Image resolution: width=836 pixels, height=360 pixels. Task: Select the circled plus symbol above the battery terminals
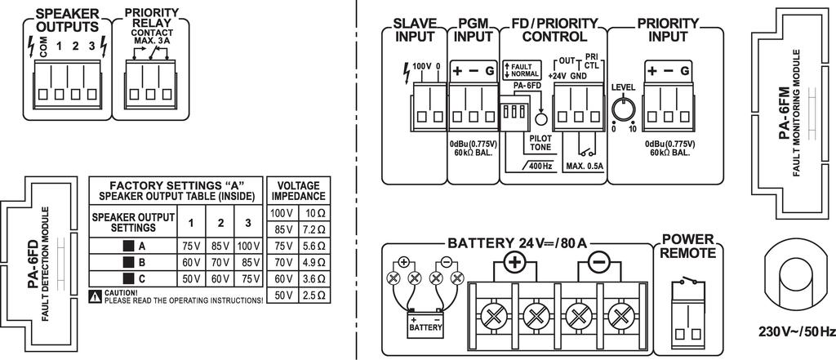(x=515, y=263)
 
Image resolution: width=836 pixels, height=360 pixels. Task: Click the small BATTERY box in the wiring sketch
(x=424, y=327)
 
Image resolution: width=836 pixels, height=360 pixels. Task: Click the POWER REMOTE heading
(x=687, y=247)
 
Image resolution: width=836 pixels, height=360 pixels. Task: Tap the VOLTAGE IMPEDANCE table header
(x=299, y=190)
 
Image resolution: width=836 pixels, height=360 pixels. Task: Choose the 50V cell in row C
(x=189, y=279)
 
